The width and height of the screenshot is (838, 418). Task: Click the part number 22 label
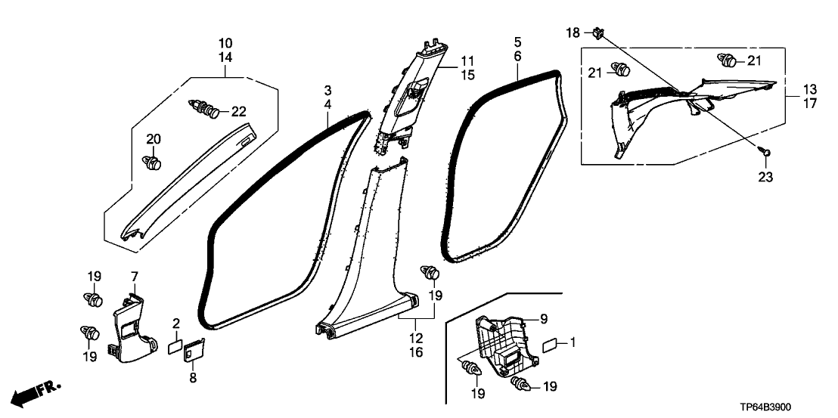point(239,112)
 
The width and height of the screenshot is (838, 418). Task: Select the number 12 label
point(417,338)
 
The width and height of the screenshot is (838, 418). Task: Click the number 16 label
point(417,352)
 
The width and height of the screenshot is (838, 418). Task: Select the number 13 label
point(809,89)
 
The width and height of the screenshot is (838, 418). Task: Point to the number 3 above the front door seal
point(327,91)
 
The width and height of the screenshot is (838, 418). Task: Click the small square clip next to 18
point(597,32)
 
